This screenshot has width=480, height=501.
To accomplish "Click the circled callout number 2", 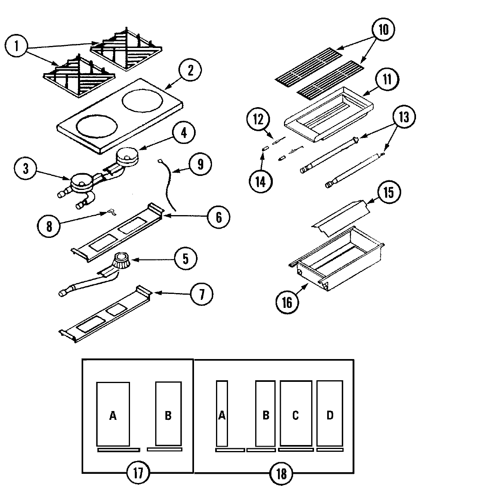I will coord(190,71).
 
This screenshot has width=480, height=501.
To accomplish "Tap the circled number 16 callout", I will coord(287,302).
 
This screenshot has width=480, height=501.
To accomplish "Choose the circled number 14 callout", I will coord(260,182).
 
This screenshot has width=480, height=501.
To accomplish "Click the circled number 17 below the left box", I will coord(138,473).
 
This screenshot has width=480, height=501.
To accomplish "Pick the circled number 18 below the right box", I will coord(282,474).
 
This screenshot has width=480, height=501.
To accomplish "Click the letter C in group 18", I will coord(295,415).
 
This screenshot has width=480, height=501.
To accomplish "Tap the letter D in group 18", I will coord(330,415).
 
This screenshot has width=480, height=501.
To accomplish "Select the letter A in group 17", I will coord(113,416).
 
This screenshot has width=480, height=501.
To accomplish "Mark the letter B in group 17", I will coord(168,416).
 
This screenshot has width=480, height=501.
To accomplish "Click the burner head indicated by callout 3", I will coord(82,182).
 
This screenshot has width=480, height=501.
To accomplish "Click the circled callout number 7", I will coord(201,295).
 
